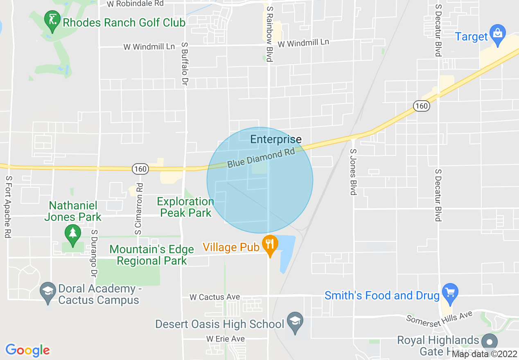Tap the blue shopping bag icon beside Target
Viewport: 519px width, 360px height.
[x=498, y=35]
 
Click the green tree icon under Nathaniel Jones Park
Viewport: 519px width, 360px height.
[x=73, y=234]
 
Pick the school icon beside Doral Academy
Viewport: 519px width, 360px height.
[x=48, y=292]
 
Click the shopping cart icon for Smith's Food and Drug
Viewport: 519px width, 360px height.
[x=450, y=293]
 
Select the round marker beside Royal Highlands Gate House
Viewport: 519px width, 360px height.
[x=490, y=342]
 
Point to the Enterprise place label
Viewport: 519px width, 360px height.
[x=276, y=139]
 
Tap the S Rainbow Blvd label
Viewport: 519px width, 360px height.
[x=269, y=34]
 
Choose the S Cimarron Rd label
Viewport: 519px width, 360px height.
[x=138, y=209]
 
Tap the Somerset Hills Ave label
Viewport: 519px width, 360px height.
[x=439, y=317]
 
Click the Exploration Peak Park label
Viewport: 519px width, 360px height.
[x=186, y=207]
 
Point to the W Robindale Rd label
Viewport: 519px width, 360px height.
[x=135, y=4]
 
